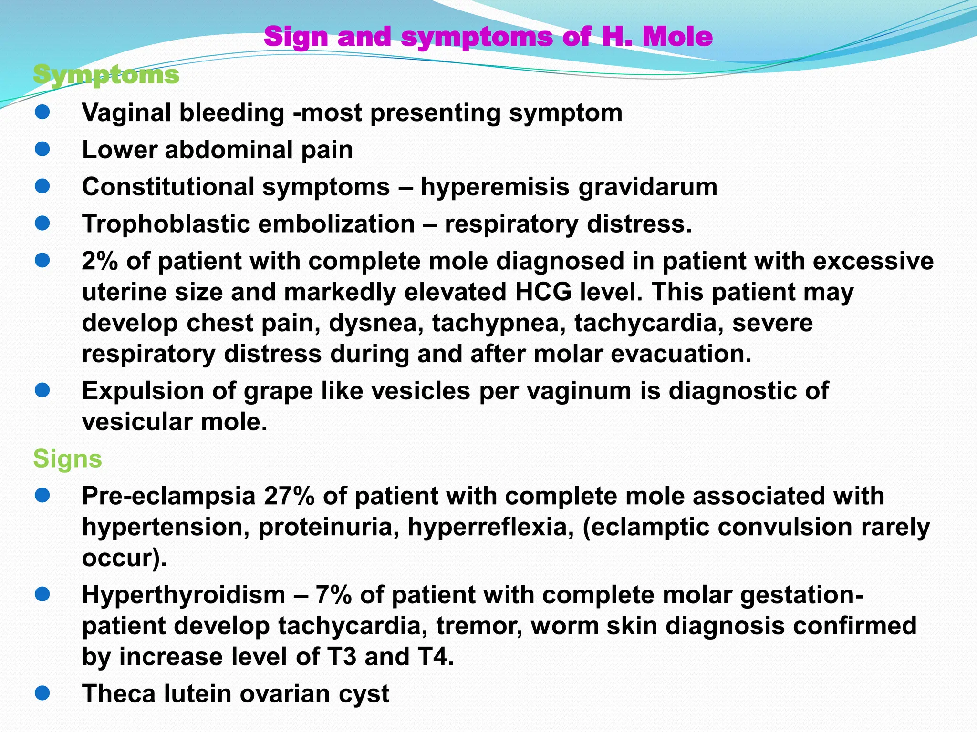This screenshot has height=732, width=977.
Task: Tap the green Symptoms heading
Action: pos(106,75)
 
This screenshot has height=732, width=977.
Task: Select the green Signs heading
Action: pos(67,458)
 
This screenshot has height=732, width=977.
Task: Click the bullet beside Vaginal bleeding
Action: pos(42,112)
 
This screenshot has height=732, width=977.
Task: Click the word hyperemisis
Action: pos(495,187)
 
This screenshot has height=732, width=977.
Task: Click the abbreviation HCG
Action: pos(544,292)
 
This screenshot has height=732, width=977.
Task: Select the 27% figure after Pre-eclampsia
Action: pos(289,496)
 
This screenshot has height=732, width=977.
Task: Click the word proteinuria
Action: pos(329,527)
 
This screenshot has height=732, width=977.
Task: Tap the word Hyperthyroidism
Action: pos(184,595)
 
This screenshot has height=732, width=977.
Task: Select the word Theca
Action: pos(119,693)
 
